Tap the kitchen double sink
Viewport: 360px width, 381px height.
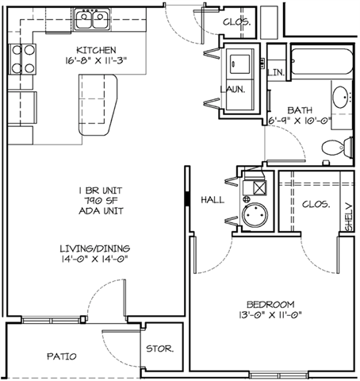click(94, 18)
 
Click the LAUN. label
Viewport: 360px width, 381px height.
click(237, 90)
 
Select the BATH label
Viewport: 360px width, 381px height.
click(300, 110)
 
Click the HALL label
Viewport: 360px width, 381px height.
click(213, 200)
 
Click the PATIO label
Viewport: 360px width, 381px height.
click(61, 357)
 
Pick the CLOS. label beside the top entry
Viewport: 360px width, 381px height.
click(236, 22)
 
